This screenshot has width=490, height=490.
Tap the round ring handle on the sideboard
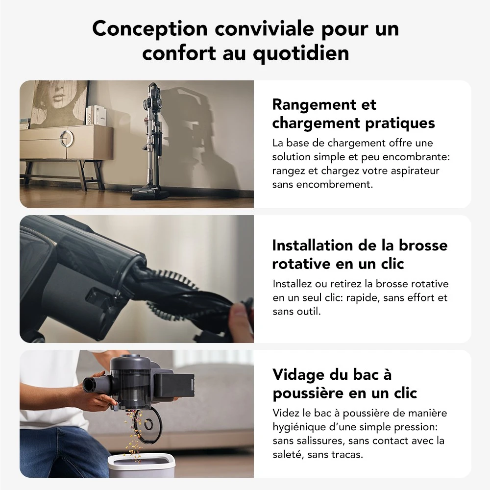point(68,138)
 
